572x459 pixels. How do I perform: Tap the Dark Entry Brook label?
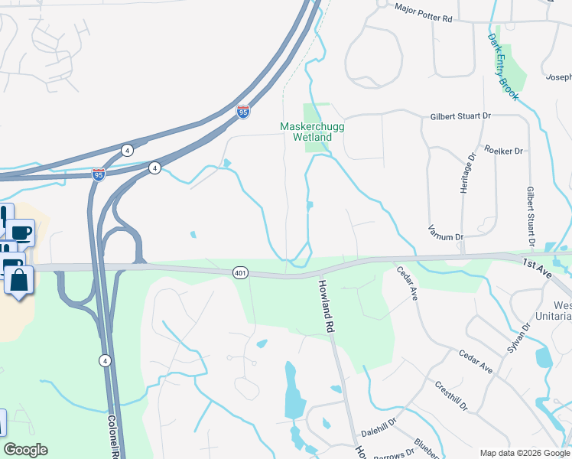coord(504,67)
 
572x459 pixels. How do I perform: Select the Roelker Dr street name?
coord(502,151)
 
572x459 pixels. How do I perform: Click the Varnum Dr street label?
coord(446,238)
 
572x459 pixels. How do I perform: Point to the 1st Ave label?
coord(538,264)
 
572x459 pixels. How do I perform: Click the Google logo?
coord(25,450)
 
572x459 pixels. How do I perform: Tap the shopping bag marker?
coord(19,280)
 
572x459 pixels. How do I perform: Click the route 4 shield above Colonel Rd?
coord(104,360)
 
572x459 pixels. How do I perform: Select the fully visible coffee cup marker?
coord(21,232)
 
